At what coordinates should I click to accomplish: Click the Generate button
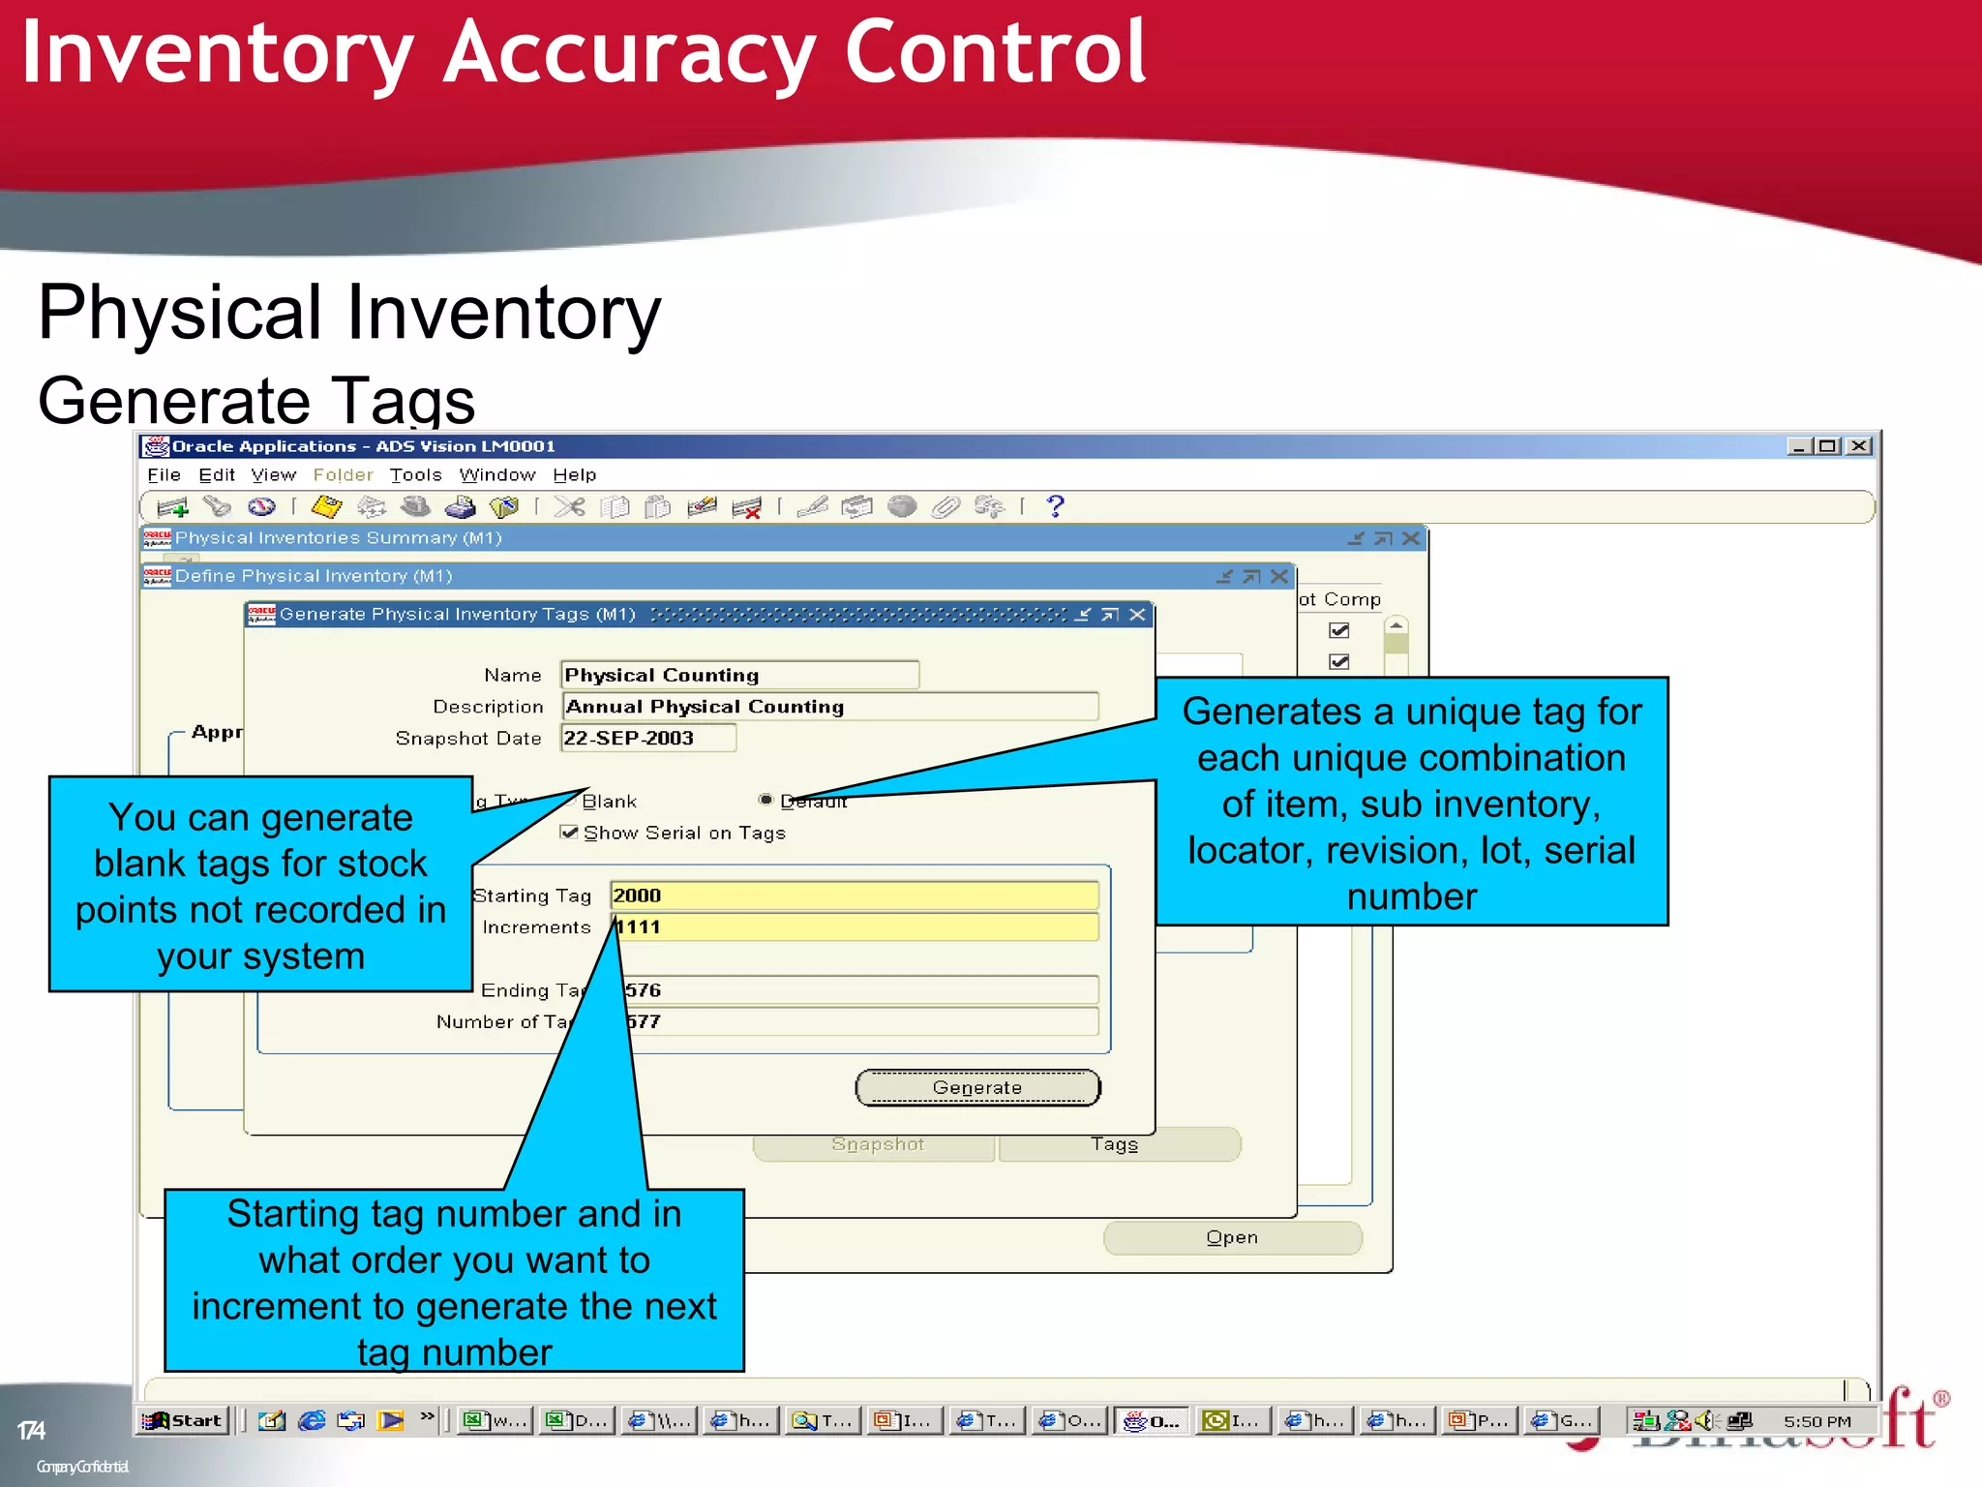(x=977, y=1087)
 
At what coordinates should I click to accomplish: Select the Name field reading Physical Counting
(x=738, y=675)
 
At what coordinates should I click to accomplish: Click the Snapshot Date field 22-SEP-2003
(x=647, y=738)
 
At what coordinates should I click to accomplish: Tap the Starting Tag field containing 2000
(x=854, y=895)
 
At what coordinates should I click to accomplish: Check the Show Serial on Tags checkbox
(x=570, y=833)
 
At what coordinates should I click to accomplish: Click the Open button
(x=1232, y=1237)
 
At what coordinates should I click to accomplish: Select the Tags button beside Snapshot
(x=1115, y=1144)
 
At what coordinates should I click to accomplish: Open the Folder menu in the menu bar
(x=343, y=475)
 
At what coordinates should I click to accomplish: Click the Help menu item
(x=574, y=475)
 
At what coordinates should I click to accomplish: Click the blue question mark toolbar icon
(x=1056, y=506)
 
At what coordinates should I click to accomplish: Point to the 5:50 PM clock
(x=1817, y=1421)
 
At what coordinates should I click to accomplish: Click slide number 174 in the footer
(x=31, y=1430)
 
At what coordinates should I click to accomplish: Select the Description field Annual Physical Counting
(x=829, y=707)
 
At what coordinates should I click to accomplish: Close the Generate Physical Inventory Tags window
(x=1138, y=615)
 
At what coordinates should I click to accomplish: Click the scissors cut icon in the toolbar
(x=570, y=506)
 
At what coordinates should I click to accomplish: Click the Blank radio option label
(x=610, y=802)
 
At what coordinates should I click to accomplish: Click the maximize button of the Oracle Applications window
(x=1827, y=446)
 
